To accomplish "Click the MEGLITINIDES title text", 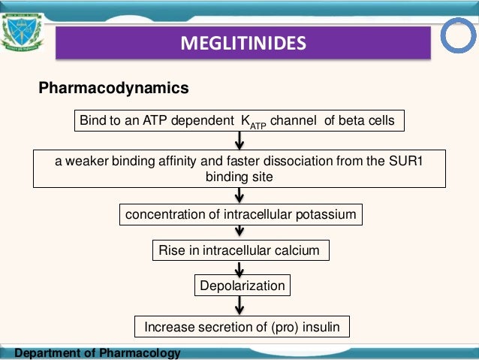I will pyautogui.click(x=243, y=43).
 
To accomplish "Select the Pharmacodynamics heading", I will pyautogui.click(x=113, y=89).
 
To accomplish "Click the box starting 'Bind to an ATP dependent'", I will pyautogui.click(x=239, y=121).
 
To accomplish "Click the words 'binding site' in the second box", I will pyautogui.click(x=239, y=176).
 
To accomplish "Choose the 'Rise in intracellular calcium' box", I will pyautogui.click(x=239, y=250).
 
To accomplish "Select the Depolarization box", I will pyautogui.click(x=241, y=286).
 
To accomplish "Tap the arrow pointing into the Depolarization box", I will pyautogui.click(x=240, y=268).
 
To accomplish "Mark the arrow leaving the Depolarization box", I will pyautogui.click(x=240, y=305).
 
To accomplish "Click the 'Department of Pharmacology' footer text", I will pyautogui.click(x=98, y=353).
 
